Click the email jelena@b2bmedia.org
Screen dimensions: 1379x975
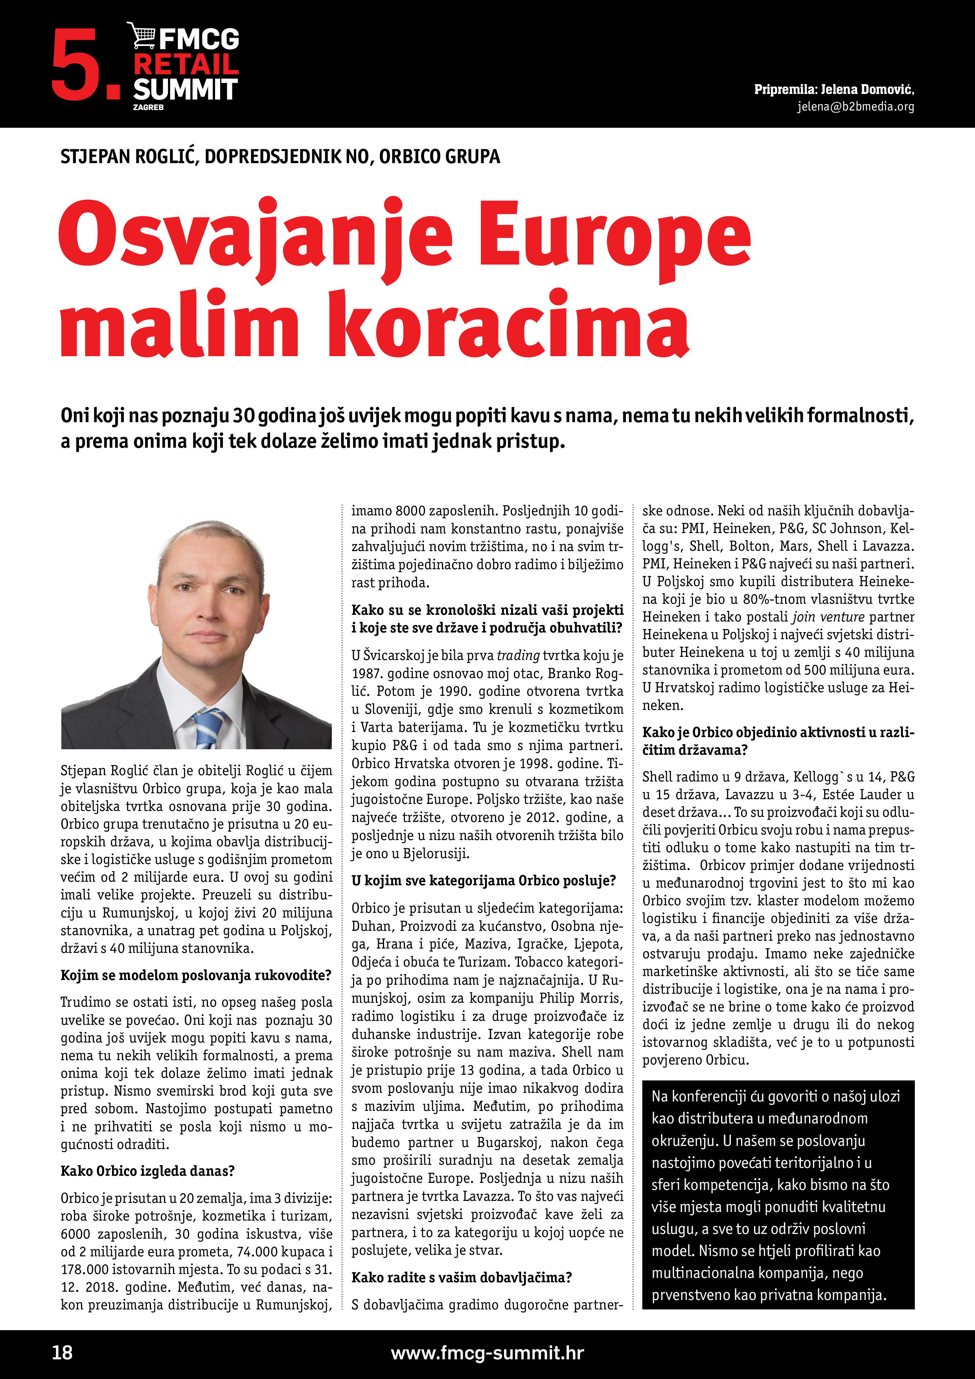point(855,107)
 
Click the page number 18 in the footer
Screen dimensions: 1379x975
point(63,1353)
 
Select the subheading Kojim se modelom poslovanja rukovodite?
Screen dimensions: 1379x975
point(196,975)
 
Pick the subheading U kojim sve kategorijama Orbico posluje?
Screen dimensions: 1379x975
point(484,881)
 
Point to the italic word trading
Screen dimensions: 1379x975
point(518,655)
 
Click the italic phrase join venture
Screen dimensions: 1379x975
point(828,617)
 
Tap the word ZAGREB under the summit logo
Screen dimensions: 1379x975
point(148,107)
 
